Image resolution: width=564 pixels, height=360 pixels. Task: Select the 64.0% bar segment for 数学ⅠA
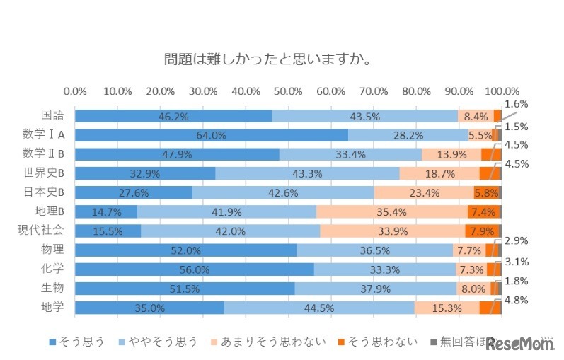212,135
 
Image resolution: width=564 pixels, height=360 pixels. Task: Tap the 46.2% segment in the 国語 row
173,116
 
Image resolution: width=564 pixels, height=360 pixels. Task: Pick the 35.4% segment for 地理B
391,211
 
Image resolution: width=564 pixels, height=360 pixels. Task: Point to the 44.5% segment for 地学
319,307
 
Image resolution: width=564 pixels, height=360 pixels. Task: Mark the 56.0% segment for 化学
195,269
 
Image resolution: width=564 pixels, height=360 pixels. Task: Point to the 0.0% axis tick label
75,91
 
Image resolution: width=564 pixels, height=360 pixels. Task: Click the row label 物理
54,249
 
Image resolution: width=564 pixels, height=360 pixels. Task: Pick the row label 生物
54,287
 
